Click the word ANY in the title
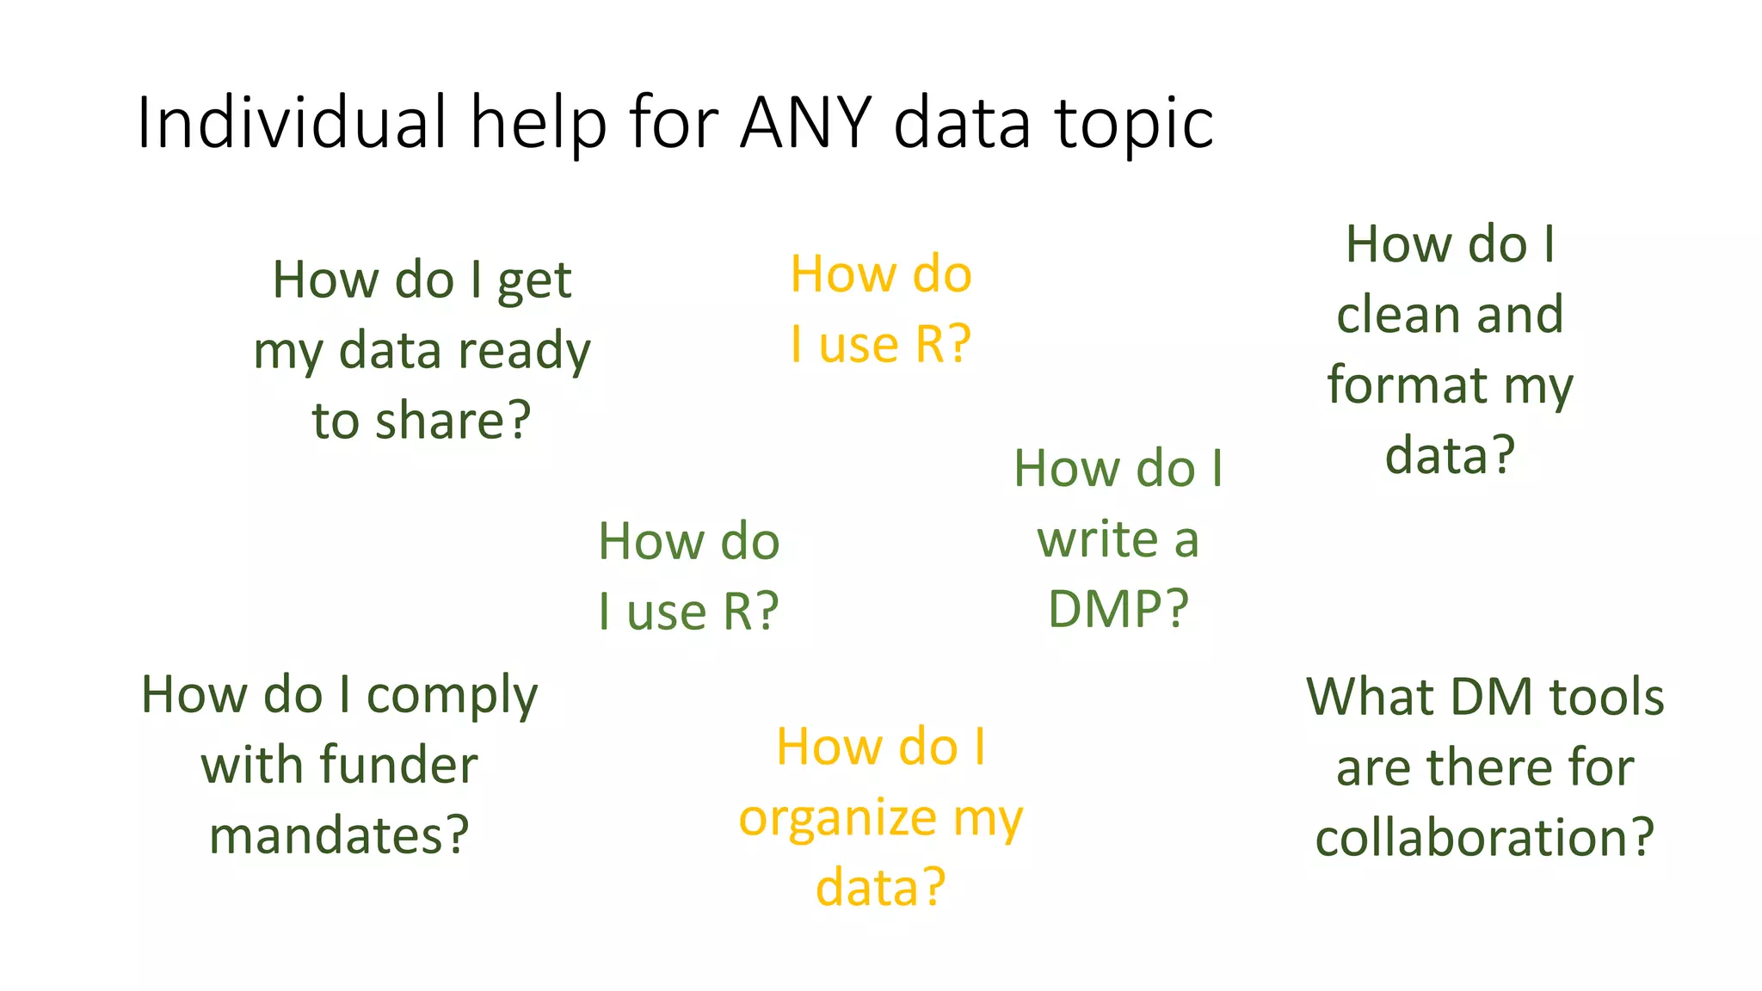806,122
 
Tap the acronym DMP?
1118,609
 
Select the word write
1097,539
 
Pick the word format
1407,385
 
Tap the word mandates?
339,835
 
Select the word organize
837,819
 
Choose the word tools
1606,697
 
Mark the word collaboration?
1484,838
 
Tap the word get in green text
534,282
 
